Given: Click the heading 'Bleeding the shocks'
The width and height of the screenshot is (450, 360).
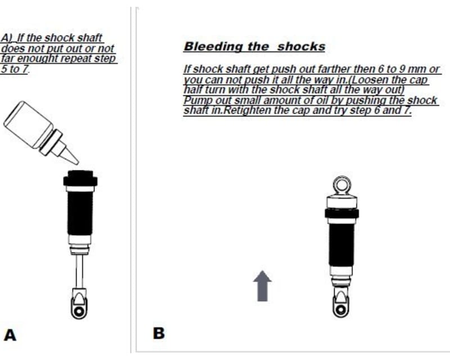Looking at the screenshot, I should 254,46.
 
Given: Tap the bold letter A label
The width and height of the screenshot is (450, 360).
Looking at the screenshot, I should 10,335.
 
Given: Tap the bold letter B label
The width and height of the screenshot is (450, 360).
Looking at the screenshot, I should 159,333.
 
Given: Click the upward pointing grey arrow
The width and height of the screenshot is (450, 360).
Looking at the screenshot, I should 262,284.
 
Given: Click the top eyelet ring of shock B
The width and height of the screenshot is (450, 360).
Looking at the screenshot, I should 341,184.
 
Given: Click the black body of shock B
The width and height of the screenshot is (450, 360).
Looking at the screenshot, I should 341,242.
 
